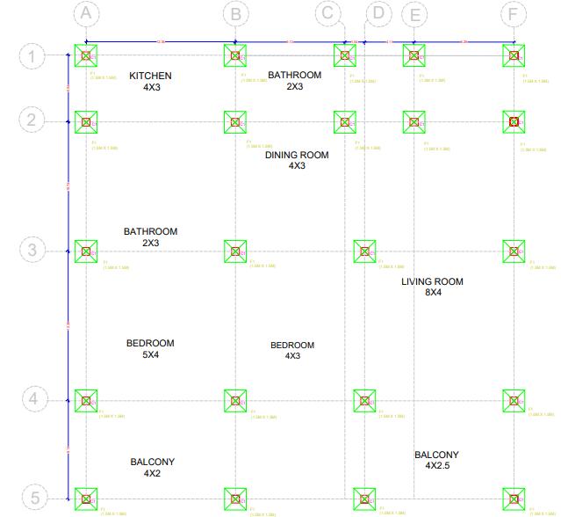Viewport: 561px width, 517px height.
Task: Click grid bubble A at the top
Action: pyautogui.click(x=85, y=13)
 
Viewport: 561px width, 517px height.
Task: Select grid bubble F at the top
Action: pyautogui.click(x=514, y=13)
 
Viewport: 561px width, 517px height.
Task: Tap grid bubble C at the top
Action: pyautogui.click(x=328, y=13)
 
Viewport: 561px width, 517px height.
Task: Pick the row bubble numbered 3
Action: pyautogui.click(x=32, y=250)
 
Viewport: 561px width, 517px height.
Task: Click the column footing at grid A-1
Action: pyautogui.click(x=86, y=55)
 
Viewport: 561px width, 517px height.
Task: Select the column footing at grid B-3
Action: pyautogui.click(x=235, y=251)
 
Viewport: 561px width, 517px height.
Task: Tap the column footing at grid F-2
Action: pyautogui.click(x=514, y=121)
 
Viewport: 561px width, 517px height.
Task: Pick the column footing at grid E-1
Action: pyautogui.click(x=414, y=55)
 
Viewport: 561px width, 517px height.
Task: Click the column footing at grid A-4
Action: pyautogui.click(x=86, y=401)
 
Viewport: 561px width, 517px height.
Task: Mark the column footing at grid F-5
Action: pyautogui.click(x=514, y=499)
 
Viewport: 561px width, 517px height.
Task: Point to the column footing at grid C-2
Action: pyautogui.click(x=345, y=121)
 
